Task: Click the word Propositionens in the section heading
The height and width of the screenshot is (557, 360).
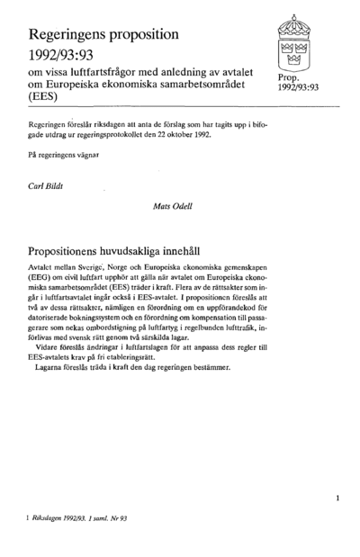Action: point(77,255)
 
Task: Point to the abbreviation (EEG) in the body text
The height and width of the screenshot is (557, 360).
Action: point(42,282)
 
